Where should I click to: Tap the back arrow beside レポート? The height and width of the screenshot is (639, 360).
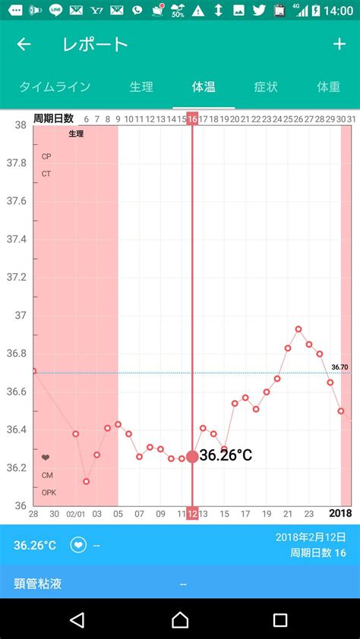click(24, 44)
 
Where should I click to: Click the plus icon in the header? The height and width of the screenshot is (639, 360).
click(339, 44)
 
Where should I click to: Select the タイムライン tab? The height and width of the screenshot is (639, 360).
click(55, 87)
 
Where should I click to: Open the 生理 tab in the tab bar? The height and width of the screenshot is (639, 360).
click(141, 87)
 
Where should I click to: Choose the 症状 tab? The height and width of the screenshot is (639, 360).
click(266, 87)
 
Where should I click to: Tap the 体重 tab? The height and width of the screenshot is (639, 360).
click(329, 87)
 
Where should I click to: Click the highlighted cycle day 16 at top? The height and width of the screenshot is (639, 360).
click(192, 119)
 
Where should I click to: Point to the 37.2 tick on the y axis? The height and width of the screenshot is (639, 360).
click(16, 277)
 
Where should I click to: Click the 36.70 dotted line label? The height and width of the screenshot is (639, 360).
click(339, 367)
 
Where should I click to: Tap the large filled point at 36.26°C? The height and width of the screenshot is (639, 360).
click(192, 457)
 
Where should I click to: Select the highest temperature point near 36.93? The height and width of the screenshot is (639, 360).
click(298, 329)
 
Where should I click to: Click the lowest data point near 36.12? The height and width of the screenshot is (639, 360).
click(86, 481)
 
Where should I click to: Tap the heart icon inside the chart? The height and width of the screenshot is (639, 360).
click(46, 458)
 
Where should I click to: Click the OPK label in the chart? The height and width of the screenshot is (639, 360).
click(49, 493)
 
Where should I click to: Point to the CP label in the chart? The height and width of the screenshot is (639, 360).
click(46, 156)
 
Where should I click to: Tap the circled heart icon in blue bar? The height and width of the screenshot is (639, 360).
click(78, 545)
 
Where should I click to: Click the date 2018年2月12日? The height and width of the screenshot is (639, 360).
click(311, 537)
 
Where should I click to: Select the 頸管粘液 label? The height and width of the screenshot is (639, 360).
click(37, 584)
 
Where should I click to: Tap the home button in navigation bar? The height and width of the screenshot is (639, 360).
click(180, 620)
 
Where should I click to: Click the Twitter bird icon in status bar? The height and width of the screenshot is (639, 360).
click(259, 10)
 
